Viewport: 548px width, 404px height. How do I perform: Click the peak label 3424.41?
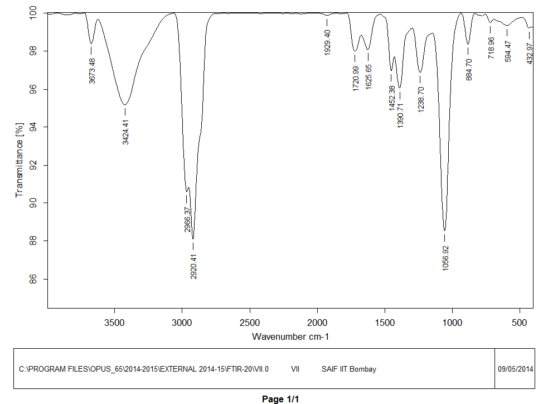coord(126,131)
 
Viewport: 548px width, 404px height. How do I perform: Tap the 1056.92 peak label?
coord(445,257)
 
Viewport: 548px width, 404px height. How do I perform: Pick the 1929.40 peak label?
coord(328,42)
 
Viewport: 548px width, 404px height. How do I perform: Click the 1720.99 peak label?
coord(356,78)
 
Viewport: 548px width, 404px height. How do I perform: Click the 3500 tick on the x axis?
coord(114,323)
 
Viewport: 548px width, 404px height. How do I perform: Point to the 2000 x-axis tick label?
coord(317,323)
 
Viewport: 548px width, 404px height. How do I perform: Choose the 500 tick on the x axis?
coord(520,323)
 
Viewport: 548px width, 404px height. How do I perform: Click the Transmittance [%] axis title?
coord(20,160)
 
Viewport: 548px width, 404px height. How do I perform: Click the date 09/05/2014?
coord(515,369)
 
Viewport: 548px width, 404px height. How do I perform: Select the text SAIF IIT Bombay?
coord(349,369)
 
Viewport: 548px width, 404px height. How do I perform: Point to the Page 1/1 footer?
coord(281,399)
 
